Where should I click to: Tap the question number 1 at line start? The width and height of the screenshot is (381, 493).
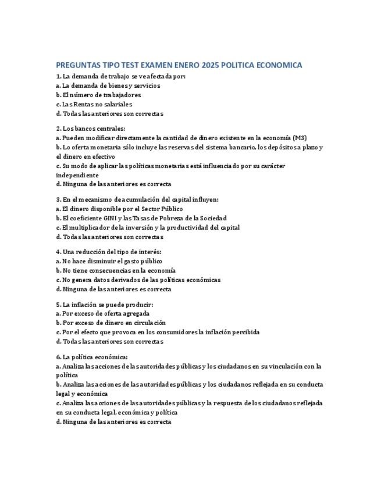tap(58, 76)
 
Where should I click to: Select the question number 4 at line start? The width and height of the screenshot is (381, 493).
tap(58, 252)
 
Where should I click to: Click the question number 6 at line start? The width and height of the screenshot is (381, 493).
tap(58, 357)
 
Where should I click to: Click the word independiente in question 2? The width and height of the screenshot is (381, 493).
tap(77, 175)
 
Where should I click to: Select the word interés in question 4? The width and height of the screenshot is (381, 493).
tap(149, 252)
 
